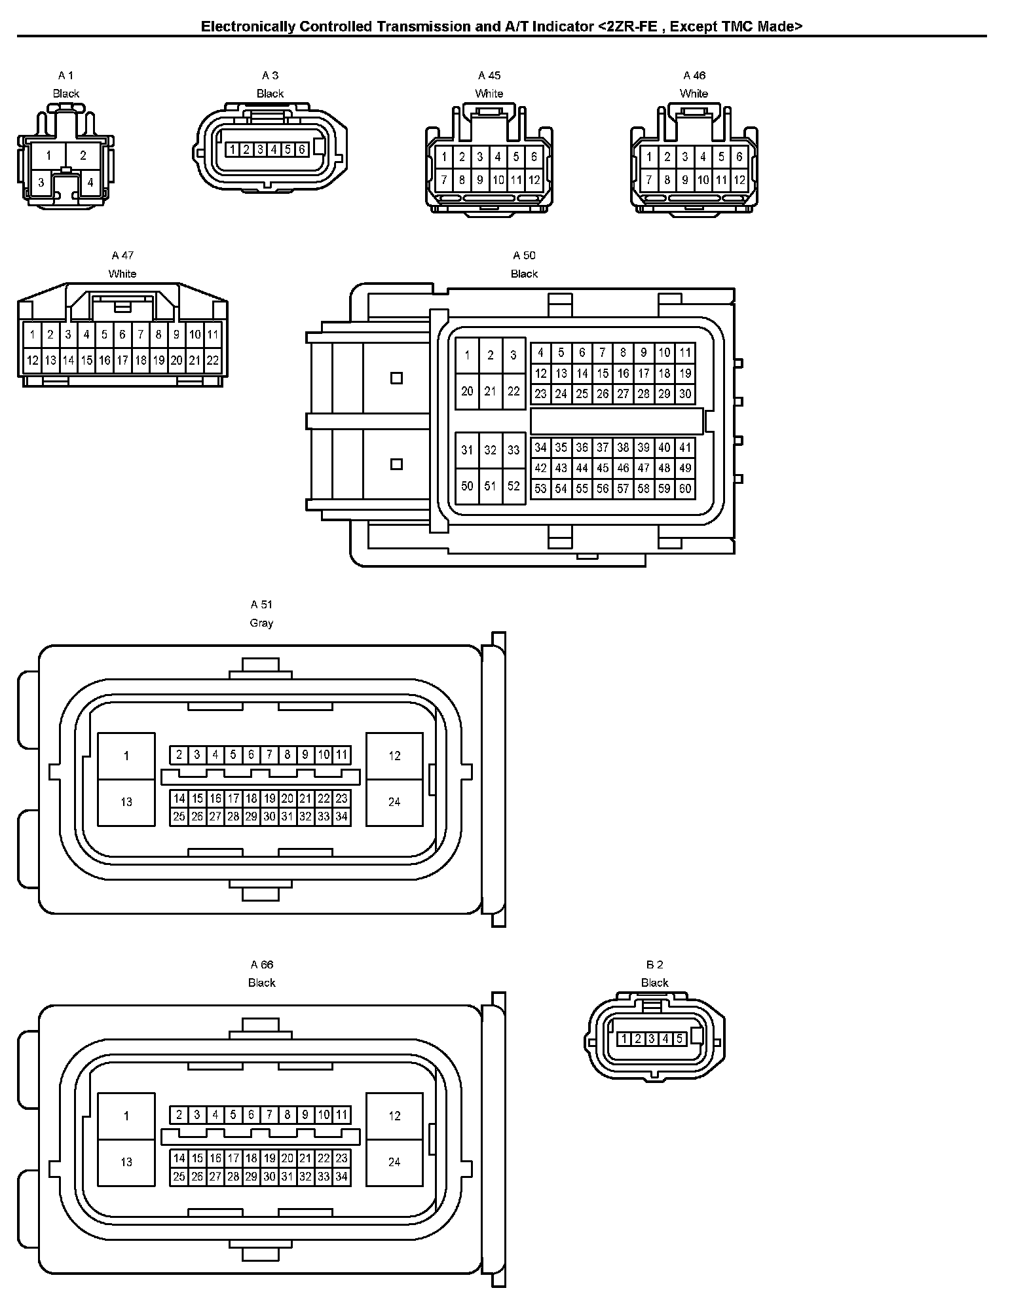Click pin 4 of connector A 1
tap(90, 183)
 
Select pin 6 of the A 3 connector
tap(301, 150)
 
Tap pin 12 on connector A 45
tap(534, 179)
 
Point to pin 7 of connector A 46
tap(648, 179)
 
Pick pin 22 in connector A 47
tap(212, 360)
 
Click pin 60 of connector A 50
tap(684, 488)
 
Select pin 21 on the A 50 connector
tap(490, 391)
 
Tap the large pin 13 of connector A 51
tap(126, 801)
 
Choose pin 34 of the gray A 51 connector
tap(341, 817)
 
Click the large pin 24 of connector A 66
tap(394, 1162)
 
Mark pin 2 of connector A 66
tap(179, 1114)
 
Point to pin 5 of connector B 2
tap(679, 1038)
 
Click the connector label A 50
tap(524, 255)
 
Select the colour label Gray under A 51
tap(261, 623)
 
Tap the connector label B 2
tap(654, 964)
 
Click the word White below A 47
tap(122, 274)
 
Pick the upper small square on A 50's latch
tap(396, 378)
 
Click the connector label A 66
tap(261, 964)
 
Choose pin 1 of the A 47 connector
tap(31, 335)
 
